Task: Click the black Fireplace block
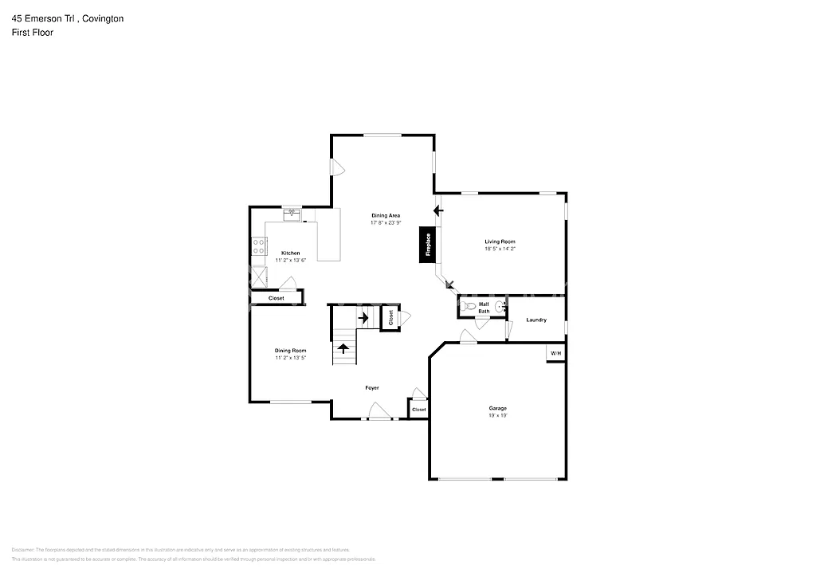[x=427, y=245]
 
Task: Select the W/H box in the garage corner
[x=555, y=353]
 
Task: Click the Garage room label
[x=498, y=408]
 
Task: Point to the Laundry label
[x=536, y=320]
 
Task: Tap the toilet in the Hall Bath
[x=469, y=306]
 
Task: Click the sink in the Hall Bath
[x=500, y=307]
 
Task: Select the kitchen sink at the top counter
[x=292, y=214]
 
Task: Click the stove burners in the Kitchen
[x=258, y=247]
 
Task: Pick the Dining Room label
[x=291, y=351]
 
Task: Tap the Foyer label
[x=372, y=388]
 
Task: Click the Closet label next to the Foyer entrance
[x=418, y=410]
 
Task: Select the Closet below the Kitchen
[x=276, y=298]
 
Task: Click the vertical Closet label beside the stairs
[x=390, y=317]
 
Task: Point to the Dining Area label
[x=386, y=215]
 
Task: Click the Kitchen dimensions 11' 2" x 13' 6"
[x=291, y=260]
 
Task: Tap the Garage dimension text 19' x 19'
[x=498, y=415]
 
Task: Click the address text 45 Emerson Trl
[x=44, y=18]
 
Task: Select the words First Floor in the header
[x=33, y=33]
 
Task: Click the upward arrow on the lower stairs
[x=343, y=348]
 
